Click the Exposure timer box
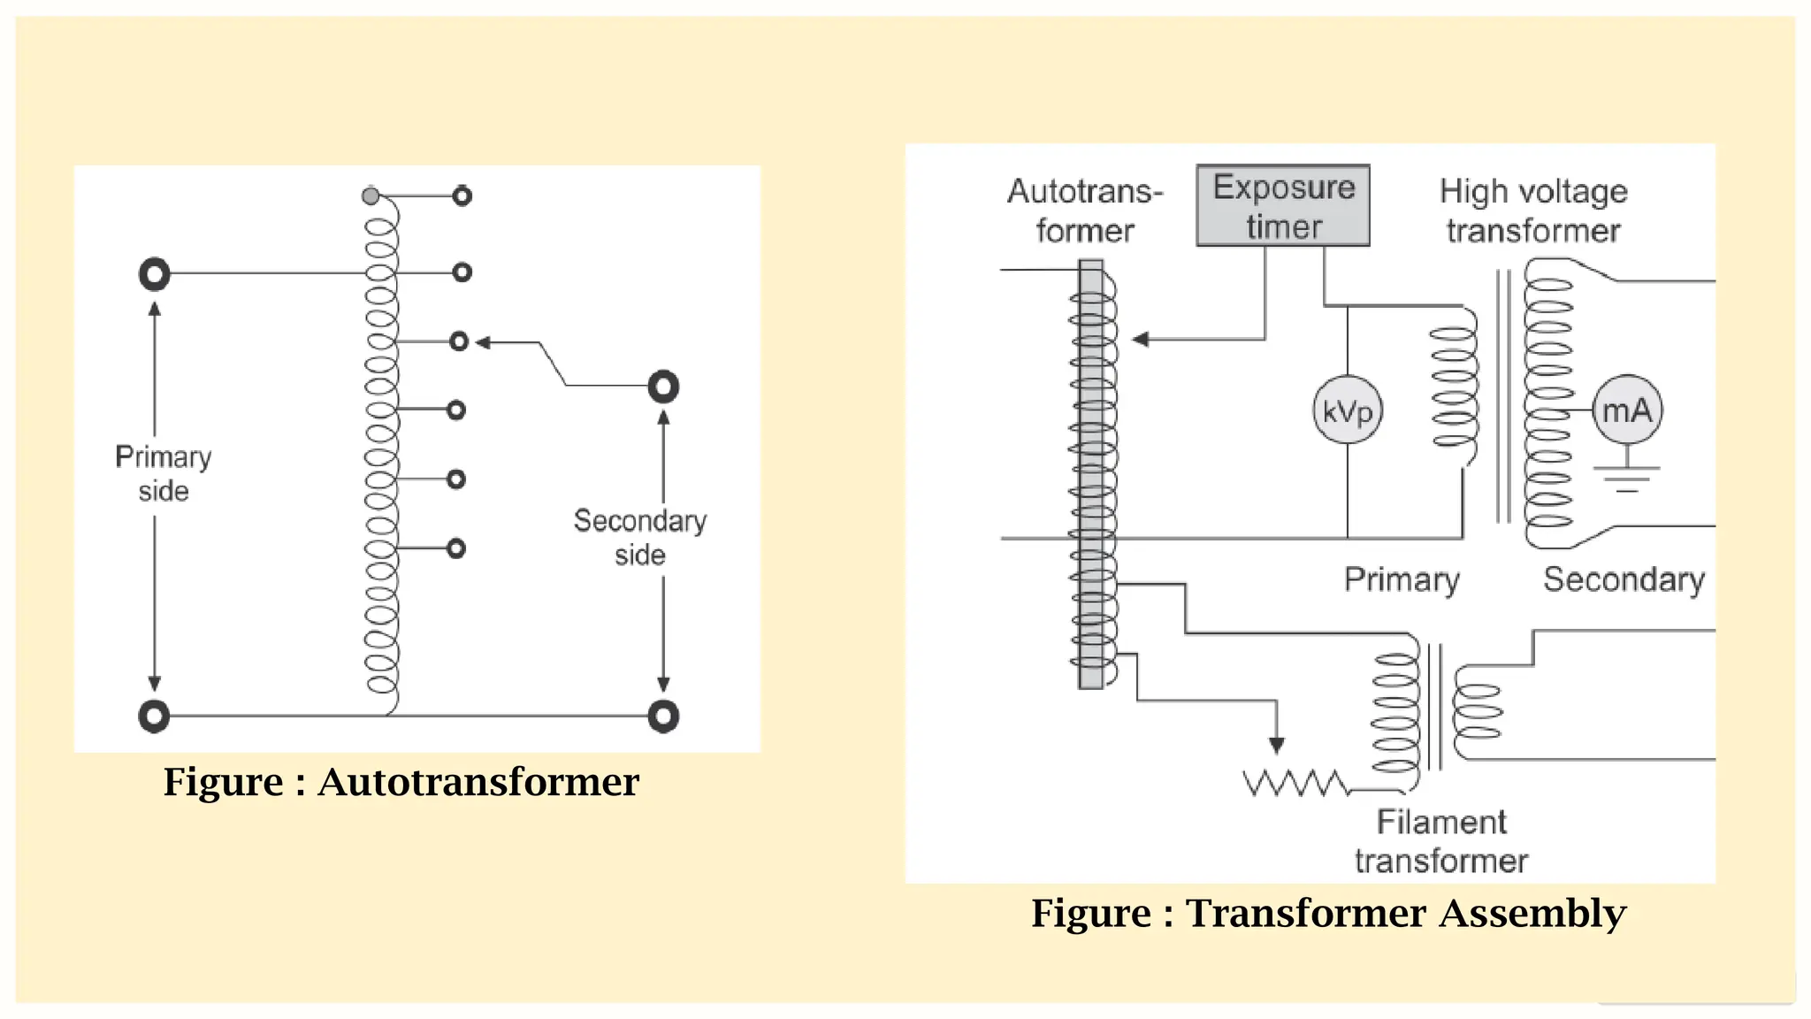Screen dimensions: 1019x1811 coord(1282,205)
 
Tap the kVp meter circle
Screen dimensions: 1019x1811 coord(1347,410)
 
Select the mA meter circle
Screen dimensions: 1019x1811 coord(1627,410)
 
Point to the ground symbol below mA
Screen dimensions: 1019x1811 coord(1627,479)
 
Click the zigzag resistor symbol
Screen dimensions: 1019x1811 coord(1295,783)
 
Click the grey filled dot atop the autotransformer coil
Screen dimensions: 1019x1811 coord(371,195)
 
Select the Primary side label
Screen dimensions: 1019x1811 coord(164,473)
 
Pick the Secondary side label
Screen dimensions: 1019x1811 coord(639,537)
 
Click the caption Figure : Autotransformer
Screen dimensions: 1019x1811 coord(401,782)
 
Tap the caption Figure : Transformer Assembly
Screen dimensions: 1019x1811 coord(1328,913)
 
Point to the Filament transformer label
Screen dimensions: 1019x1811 coord(1441,841)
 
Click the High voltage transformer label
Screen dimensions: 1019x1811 coord(1533,211)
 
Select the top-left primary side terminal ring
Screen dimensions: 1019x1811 coord(155,274)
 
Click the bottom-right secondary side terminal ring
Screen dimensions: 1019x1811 coord(663,716)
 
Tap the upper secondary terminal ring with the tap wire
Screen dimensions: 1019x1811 coord(663,387)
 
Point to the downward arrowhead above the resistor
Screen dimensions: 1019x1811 coord(1276,746)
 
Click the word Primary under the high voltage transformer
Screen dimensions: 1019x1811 coord(1402,579)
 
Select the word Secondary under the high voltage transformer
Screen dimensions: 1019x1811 coord(1624,579)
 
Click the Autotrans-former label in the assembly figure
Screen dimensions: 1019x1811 coord(1085,211)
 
